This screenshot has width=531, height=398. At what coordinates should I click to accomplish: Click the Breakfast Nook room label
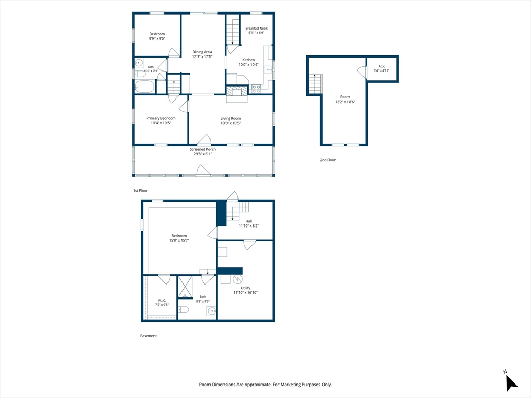coord(256,29)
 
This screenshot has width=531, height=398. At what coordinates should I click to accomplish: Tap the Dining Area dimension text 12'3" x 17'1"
coord(202,57)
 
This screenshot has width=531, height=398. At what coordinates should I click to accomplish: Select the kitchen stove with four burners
coord(256,89)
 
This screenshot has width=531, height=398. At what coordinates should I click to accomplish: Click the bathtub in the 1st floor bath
coord(145,87)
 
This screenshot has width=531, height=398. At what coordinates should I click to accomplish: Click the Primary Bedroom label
coord(161,118)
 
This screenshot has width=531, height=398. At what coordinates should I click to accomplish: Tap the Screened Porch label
coord(203,149)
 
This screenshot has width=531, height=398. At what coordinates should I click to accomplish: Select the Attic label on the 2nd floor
coord(382,66)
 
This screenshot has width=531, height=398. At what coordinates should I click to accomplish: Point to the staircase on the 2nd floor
coord(315,84)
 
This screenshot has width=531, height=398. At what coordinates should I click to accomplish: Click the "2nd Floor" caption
coord(328,160)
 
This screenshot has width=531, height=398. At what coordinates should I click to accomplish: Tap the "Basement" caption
coord(148,336)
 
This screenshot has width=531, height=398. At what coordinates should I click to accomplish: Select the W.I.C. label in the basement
coord(162,300)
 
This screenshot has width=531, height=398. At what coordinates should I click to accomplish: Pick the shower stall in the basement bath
coord(185,287)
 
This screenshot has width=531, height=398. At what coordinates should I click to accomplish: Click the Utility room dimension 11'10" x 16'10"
coord(245,293)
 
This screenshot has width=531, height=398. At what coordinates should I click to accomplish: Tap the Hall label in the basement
coord(248,221)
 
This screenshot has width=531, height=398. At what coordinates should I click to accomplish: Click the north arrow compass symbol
coord(511,383)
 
